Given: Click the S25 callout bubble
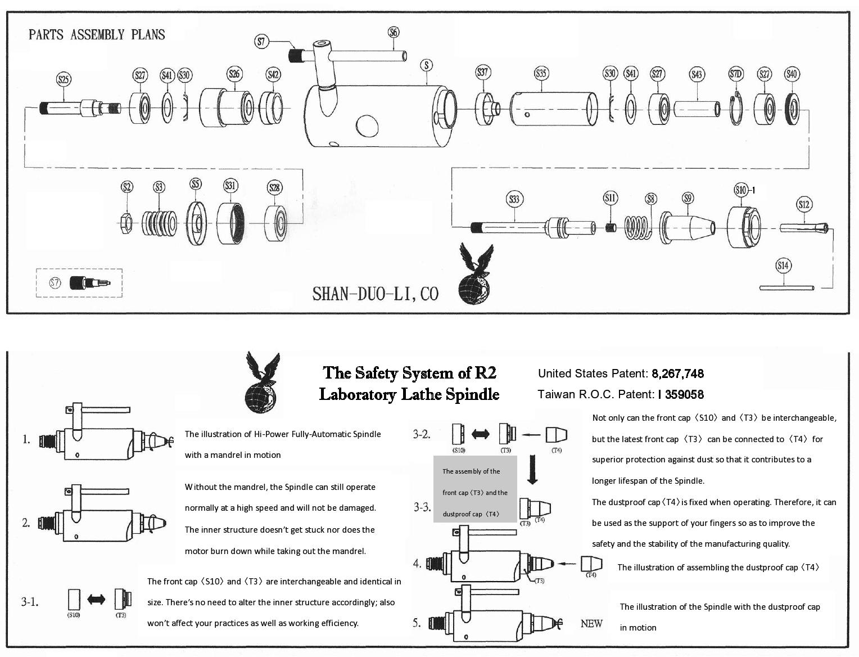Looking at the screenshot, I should tap(64, 79).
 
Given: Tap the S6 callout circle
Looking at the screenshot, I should tap(394, 32).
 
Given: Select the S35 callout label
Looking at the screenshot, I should tap(540, 73).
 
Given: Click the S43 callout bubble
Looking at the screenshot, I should tap(697, 74).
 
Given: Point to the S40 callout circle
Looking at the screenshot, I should tap(792, 74).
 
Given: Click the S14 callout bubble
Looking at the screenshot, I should tap(783, 265).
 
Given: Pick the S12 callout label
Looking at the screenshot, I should tap(804, 204).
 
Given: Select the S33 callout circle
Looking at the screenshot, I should tap(514, 199).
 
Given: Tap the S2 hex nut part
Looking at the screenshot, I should tap(126, 224).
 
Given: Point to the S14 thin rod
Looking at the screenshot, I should tap(786, 288).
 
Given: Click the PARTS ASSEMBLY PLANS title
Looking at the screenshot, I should tap(97, 35).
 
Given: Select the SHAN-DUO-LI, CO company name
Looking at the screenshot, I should tap(375, 294).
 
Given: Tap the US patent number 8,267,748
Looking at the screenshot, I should tap(677, 373).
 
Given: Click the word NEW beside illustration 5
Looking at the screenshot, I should tap(591, 623).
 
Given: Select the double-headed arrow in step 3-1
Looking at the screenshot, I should tap(96, 600).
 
